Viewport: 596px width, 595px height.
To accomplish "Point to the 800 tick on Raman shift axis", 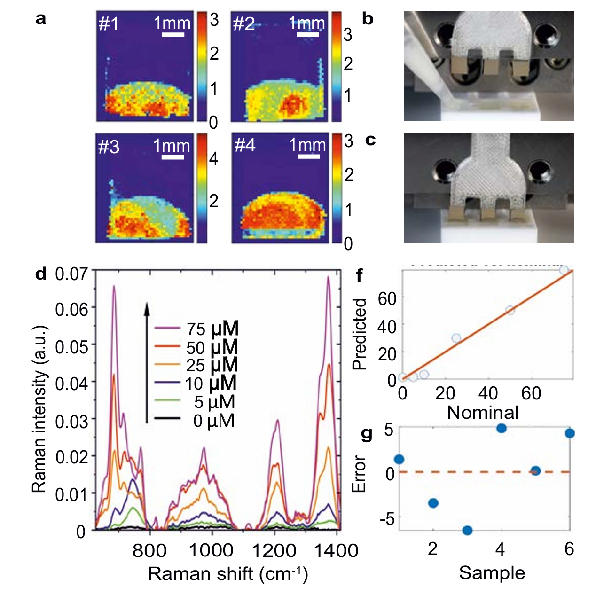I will tap(149, 550).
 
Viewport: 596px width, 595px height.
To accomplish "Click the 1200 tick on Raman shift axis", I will tap(274, 550).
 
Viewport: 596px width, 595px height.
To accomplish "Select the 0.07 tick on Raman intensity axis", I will tap(71, 273).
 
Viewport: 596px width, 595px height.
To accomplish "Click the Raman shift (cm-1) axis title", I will tap(228, 574).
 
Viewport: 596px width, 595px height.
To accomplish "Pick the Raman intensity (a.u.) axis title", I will tap(39, 408).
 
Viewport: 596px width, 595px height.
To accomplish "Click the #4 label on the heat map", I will tap(245, 145).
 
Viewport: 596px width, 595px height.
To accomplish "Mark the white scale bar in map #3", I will tap(173, 157).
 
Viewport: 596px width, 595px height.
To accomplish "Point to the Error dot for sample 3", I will tap(467, 530).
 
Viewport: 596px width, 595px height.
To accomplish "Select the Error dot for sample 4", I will tap(501, 428).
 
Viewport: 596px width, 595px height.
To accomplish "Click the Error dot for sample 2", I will tap(433, 503).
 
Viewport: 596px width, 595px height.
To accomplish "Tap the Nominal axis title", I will tap(483, 412).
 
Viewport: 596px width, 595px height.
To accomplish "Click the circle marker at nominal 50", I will tap(510, 310).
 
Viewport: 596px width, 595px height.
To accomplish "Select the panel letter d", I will tap(41, 274).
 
